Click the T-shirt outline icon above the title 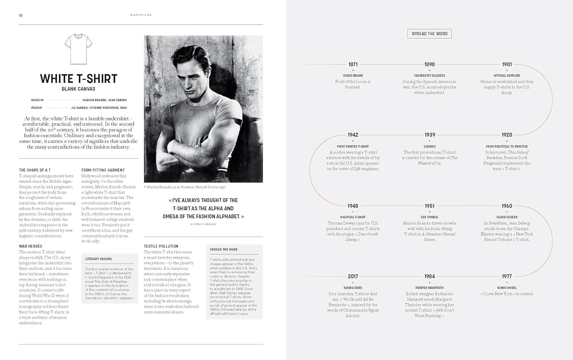(79, 49)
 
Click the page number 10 (21, 15)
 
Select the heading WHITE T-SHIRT (79, 79)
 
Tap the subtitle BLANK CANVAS (79, 89)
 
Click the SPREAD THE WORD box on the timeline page (429, 34)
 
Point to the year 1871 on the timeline (353, 65)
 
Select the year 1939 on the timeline (429, 135)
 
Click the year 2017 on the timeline (353, 276)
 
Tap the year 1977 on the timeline (507, 276)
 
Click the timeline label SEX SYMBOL (429, 217)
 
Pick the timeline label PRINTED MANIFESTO (429, 288)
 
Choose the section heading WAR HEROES (31, 246)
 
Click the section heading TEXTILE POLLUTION (161, 246)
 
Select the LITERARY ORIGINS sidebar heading (99, 259)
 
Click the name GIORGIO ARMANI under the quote (203, 224)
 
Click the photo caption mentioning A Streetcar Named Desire (185, 187)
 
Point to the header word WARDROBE (141, 15)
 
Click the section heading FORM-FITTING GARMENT (103, 170)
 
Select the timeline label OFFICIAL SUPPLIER (507, 76)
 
